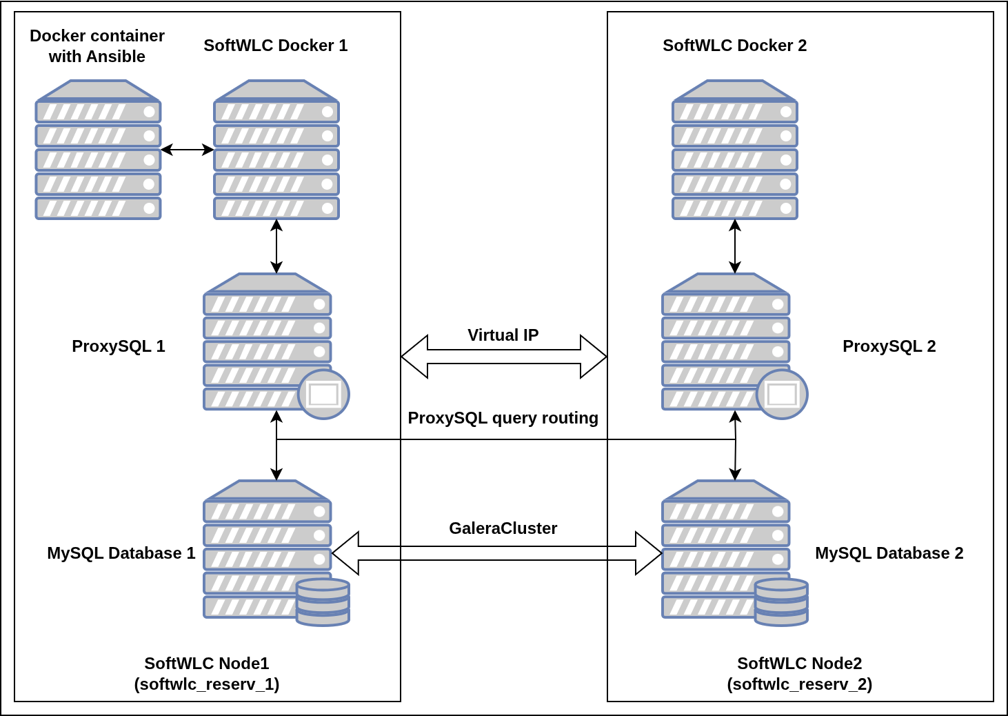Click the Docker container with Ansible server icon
(98, 150)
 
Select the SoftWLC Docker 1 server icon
(276, 150)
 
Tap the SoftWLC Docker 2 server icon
(735, 150)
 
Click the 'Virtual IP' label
(503, 335)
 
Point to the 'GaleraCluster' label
(503, 528)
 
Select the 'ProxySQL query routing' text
(503, 418)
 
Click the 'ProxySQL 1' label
(119, 346)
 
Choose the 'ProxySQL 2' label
(889, 346)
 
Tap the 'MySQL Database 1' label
(121, 553)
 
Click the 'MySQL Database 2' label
(889, 553)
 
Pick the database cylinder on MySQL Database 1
(323, 602)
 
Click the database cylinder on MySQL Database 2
(781, 602)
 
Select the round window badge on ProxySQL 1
(323, 395)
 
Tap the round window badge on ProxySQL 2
(782, 395)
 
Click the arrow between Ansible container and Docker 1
(187, 150)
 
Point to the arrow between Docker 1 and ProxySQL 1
(276, 246)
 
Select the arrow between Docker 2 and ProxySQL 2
(735, 246)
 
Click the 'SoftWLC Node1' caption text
(207, 664)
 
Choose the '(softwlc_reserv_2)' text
(800, 684)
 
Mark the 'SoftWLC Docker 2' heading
(735, 46)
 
